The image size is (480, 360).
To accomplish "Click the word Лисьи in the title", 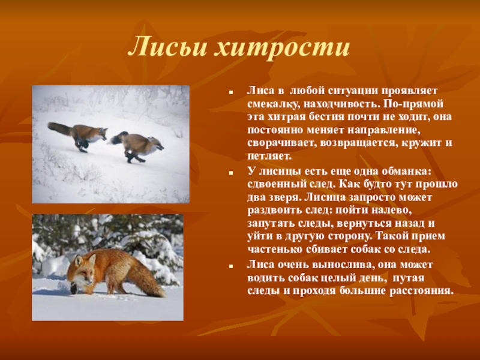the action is [167, 47].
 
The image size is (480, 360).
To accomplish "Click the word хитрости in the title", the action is [281, 47].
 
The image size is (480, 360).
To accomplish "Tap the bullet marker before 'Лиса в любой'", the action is [231, 92].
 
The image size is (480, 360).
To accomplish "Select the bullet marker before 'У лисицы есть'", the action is [231, 173].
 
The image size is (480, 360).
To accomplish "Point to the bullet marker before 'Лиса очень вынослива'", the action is [231, 266].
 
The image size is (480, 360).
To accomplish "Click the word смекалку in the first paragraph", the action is [274, 104].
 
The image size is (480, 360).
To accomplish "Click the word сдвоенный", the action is [277, 184].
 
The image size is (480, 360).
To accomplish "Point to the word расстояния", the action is [421, 291].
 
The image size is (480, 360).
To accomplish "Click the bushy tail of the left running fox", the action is [59, 128].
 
